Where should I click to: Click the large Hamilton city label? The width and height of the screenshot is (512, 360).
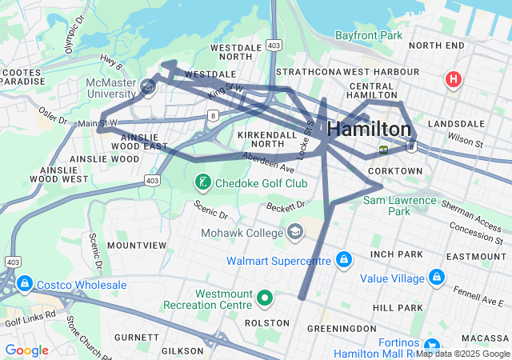pyautogui.click(x=370, y=130)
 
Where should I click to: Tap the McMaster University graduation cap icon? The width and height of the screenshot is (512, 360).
pyautogui.click(x=147, y=86)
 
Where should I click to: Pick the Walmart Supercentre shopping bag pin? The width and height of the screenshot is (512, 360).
pyautogui.click(x=343, y=261)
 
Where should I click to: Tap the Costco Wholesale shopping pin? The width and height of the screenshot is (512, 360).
pyautogui.click(x=25, y=285)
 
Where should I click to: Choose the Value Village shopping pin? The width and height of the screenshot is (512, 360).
pyautogui.click(x=436, y=278)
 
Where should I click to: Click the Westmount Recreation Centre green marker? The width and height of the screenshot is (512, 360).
pyautogui.click(x=266, y=299)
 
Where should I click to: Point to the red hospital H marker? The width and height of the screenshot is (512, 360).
pyautogui.click(x=454, y=79)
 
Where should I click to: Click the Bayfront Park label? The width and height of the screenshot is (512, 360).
pyautogui.click(x=369, y=36)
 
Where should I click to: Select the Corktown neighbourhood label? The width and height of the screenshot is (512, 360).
pyautogui.click(x=395, y=171)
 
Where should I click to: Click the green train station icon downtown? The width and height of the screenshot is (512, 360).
pyautogui.click(x=384, y=150)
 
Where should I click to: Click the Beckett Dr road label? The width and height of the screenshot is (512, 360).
pyautogui.click(x=286, y=207)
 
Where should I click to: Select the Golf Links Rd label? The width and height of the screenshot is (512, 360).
pyautogui.click(x=30, y=318)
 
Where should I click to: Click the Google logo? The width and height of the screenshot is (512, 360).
pyautogui.click(x=27, y=350)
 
